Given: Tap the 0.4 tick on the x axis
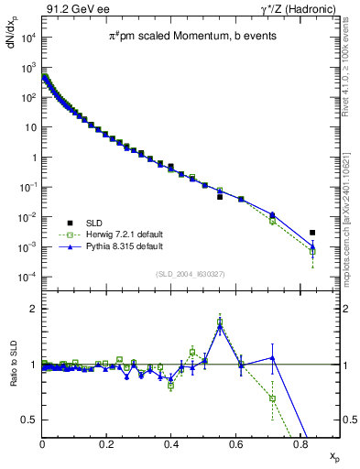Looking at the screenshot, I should pyautogui.click(x=171, y=443).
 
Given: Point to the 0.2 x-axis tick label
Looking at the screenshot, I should pyautogui.click(x=107, y=443).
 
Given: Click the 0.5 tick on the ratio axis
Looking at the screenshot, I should pyautogui.click(x=27, y=420).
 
